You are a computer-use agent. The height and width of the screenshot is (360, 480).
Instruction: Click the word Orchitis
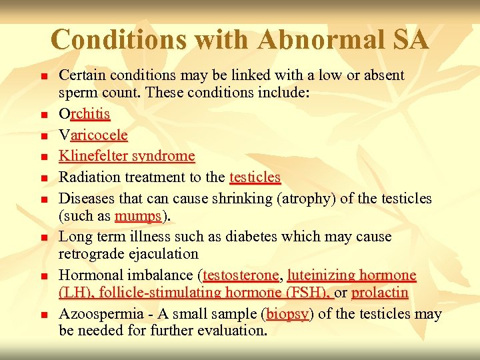85,115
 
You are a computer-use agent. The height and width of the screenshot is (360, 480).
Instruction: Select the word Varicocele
93,135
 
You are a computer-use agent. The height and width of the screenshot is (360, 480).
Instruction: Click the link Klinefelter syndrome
127,156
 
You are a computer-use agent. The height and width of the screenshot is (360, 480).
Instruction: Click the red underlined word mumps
137,216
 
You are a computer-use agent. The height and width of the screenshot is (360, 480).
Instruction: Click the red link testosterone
240,275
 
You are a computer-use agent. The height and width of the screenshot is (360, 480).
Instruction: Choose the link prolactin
379,293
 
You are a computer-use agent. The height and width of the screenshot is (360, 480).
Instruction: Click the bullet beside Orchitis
45,116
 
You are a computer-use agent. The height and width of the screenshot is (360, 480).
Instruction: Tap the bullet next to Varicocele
45,137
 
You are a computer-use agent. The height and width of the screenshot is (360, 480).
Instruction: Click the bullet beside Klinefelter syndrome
45,158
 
